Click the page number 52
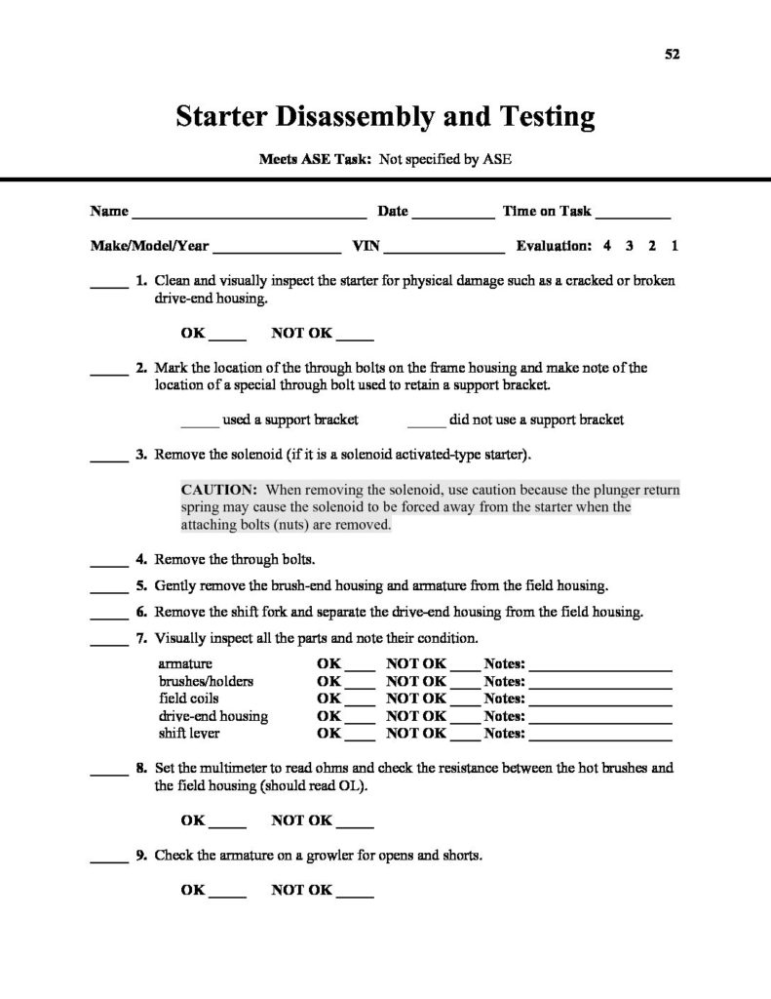click(x=672, y=55)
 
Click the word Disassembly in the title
click(x=337, y=118)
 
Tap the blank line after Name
click(x=249, y=212)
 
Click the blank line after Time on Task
click(x=633, y=212)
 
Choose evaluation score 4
click(x=605, y=246)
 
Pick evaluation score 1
click(x=675, y=246)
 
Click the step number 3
click(x=141, y=455)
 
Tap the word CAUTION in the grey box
click(x=219, y=489)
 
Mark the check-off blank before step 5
click(x=109, y=587)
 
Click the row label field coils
click(x=189, y=699)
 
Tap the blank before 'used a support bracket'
click(x=200, y=421)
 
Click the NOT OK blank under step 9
click(x=356, y=891)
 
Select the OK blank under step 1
click(x=228, y=334)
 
